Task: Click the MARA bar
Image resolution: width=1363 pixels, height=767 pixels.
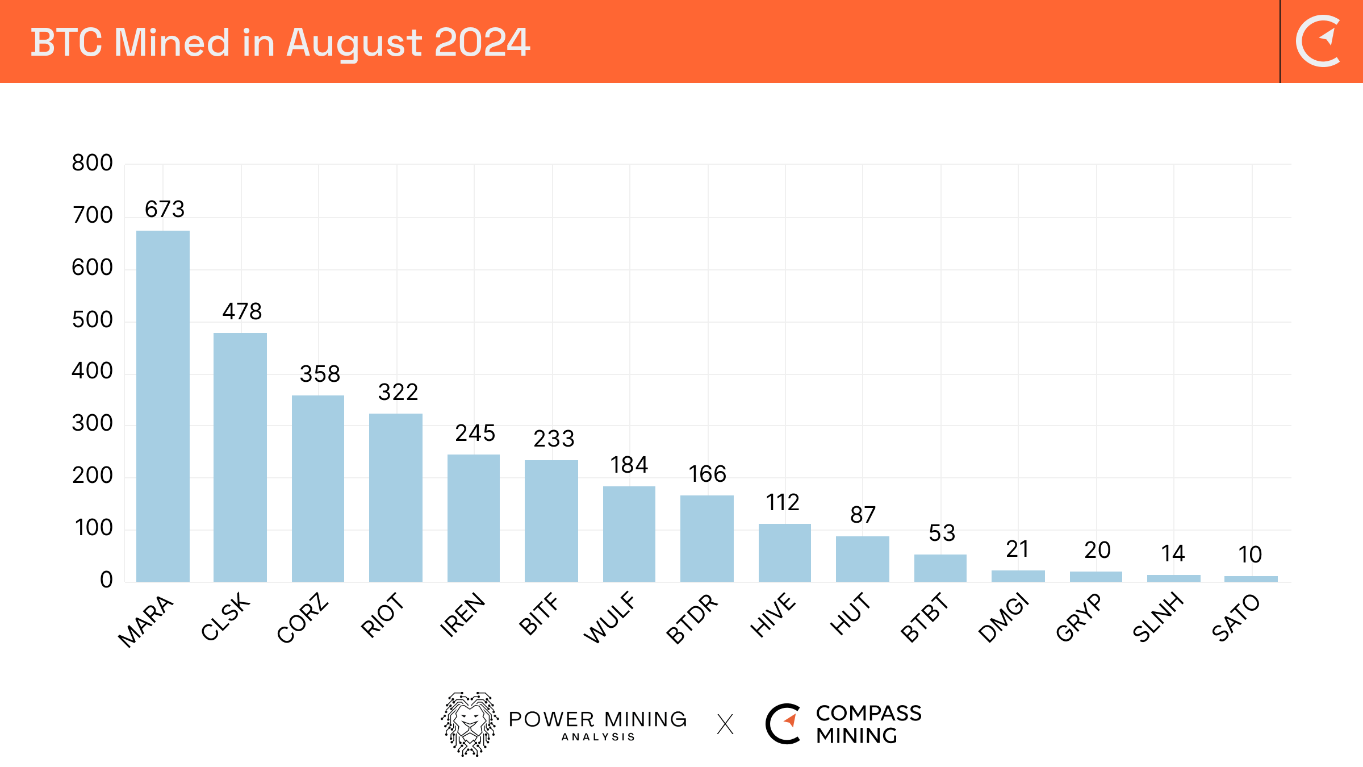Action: (x=163, y=406)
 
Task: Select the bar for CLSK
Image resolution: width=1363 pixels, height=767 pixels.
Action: (x=240, y=457)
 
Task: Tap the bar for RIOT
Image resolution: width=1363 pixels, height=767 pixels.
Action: (x=396, y=497)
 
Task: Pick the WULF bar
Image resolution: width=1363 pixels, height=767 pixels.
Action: (x=629, y=533)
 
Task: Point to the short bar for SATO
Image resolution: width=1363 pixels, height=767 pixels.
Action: (x=1251, y=578)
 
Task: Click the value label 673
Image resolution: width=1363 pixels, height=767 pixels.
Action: (x=165, y=210)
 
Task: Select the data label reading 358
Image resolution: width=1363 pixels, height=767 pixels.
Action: (x=320, y=374)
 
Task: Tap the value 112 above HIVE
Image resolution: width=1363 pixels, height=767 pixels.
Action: (x=783, y=503)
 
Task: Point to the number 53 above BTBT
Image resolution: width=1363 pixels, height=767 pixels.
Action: (x=942, y=533)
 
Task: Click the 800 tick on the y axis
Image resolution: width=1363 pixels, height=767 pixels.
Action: (x=92, y=164)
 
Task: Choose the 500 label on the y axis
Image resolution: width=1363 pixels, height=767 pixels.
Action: (x=92, y=320)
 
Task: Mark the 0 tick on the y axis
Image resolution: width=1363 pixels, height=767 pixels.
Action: (x=106, y=580)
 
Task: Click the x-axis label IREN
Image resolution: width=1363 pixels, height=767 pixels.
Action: (x=463, y=615)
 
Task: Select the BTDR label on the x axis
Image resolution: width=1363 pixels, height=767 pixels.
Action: (x=692, y=618)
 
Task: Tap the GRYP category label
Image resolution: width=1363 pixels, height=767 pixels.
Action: (x=1079, y=617)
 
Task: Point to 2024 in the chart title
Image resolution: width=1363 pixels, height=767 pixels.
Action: (x=482, y=43)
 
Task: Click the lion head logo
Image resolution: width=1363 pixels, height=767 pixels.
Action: (x=470, y=724)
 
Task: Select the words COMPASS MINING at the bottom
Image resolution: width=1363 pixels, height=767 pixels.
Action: (x=868, y=724)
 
